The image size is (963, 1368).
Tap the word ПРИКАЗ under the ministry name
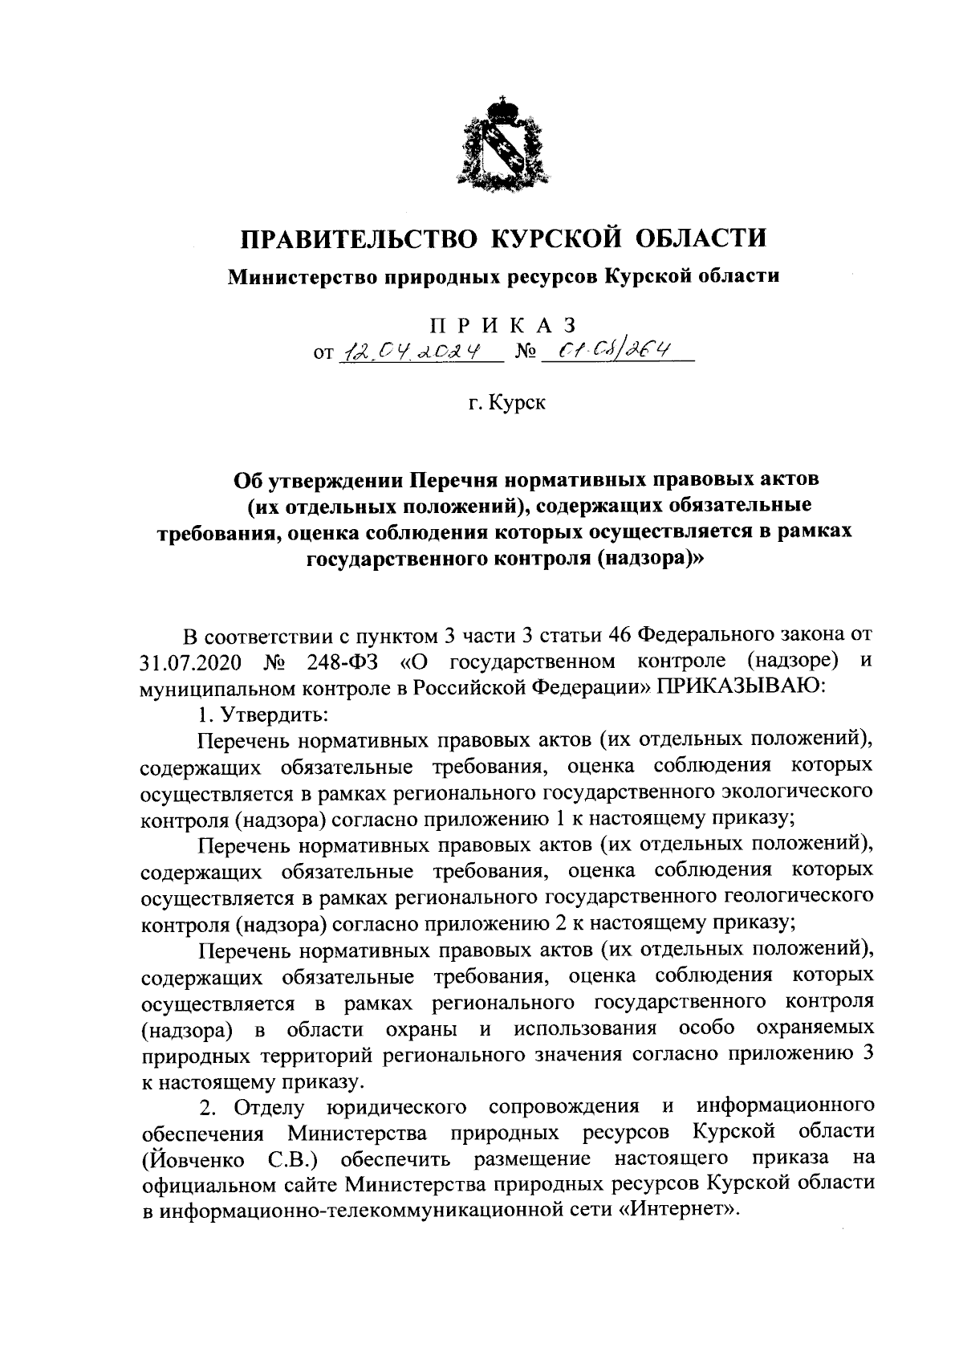[504, 326]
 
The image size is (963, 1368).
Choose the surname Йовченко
[193, 1160]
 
